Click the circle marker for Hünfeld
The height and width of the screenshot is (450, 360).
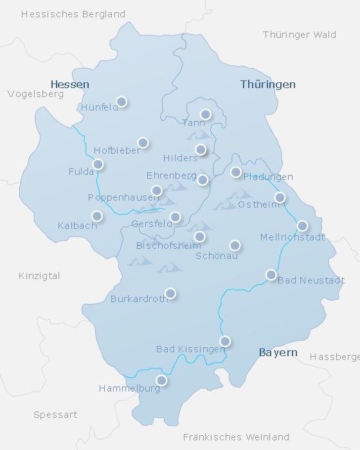121,102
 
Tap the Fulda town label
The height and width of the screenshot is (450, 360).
81,172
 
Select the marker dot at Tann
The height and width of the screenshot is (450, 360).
205,114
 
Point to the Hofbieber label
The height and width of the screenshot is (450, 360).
116,150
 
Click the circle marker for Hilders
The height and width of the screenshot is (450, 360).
201,150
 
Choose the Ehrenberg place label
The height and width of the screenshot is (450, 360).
172,175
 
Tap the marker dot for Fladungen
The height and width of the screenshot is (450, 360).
236,172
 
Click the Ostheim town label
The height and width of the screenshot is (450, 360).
259,204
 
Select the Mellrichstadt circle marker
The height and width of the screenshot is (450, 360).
302,226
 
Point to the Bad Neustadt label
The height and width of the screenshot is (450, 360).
311,280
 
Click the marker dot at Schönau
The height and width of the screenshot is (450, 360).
235,245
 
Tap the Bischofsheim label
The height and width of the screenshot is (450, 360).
166,246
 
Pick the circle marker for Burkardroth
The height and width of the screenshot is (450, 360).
170,293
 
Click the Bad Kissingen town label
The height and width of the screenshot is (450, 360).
191,349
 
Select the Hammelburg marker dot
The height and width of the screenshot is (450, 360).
161,381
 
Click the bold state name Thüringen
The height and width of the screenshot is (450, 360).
268,84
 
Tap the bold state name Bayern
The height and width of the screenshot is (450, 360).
278,353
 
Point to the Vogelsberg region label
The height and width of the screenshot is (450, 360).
35,94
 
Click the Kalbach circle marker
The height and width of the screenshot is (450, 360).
96,216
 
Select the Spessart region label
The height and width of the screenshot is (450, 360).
55,415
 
